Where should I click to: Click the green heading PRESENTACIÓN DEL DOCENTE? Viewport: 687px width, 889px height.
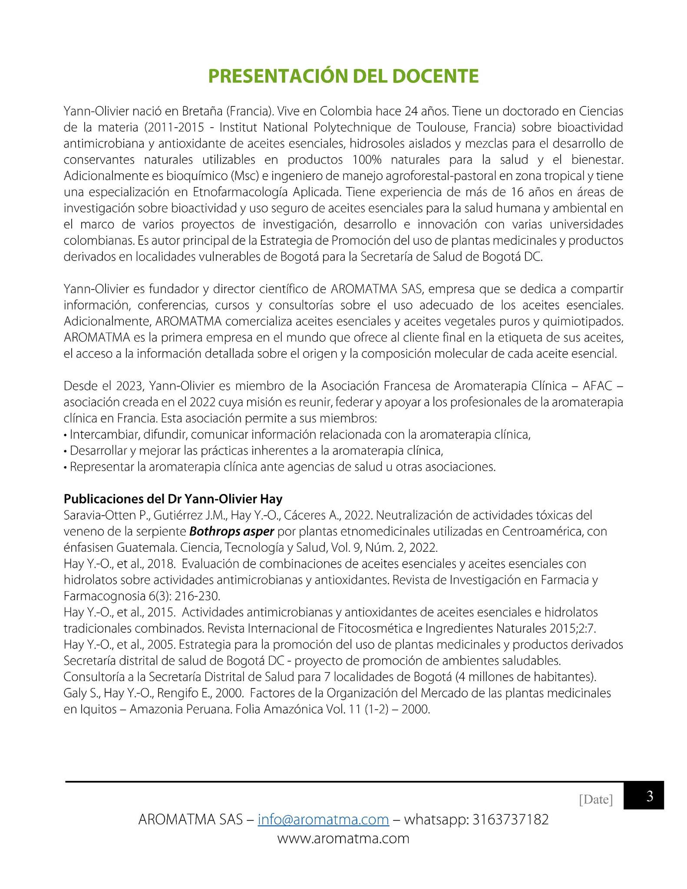[343, 76]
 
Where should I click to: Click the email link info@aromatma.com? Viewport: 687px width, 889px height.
[323, 820]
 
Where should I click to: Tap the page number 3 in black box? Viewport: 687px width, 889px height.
[650, 796]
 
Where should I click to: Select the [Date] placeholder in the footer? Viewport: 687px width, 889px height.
[596, 799]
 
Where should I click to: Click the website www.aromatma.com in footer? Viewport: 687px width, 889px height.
[343, 838]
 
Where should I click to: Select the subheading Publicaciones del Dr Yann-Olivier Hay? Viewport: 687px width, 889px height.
[173, 498]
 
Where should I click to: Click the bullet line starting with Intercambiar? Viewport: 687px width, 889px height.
[300, 435]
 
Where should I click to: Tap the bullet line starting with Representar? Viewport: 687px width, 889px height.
[282, 467]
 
